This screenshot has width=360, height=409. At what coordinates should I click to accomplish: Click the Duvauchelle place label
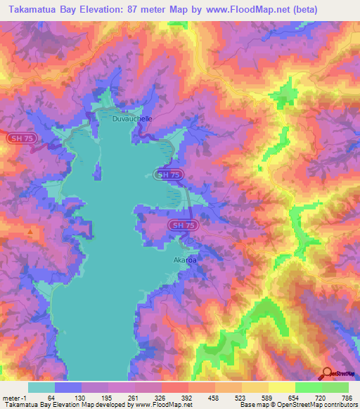click(x=132, y=119)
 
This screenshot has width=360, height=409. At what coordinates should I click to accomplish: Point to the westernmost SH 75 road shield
click(x=19, y=139)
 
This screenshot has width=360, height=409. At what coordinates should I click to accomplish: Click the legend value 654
click(x=294, y=398)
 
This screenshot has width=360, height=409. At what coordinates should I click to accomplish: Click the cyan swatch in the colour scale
click(x=41, y=387)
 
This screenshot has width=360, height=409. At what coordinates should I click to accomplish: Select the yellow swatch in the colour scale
click(x=281, y=387)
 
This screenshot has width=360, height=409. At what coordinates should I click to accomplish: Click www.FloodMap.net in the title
click(x=245, y=10)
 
